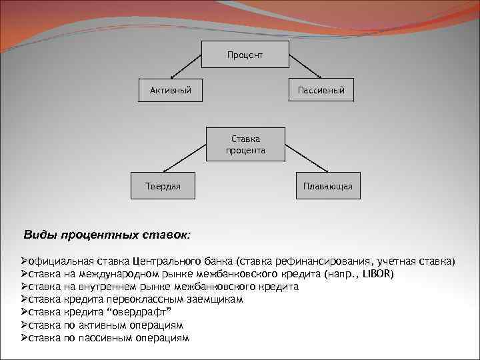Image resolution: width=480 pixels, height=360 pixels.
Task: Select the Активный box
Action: click(x=166, y=89)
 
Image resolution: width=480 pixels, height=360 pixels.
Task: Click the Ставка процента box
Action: click(x=245, y=145)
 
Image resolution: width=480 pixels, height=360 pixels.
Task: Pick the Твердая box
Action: click(x=163, y=186)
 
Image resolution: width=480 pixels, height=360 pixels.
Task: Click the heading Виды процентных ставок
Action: click(x=107, y=235)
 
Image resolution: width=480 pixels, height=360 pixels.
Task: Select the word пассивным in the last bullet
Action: click(x=104, y=338)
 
